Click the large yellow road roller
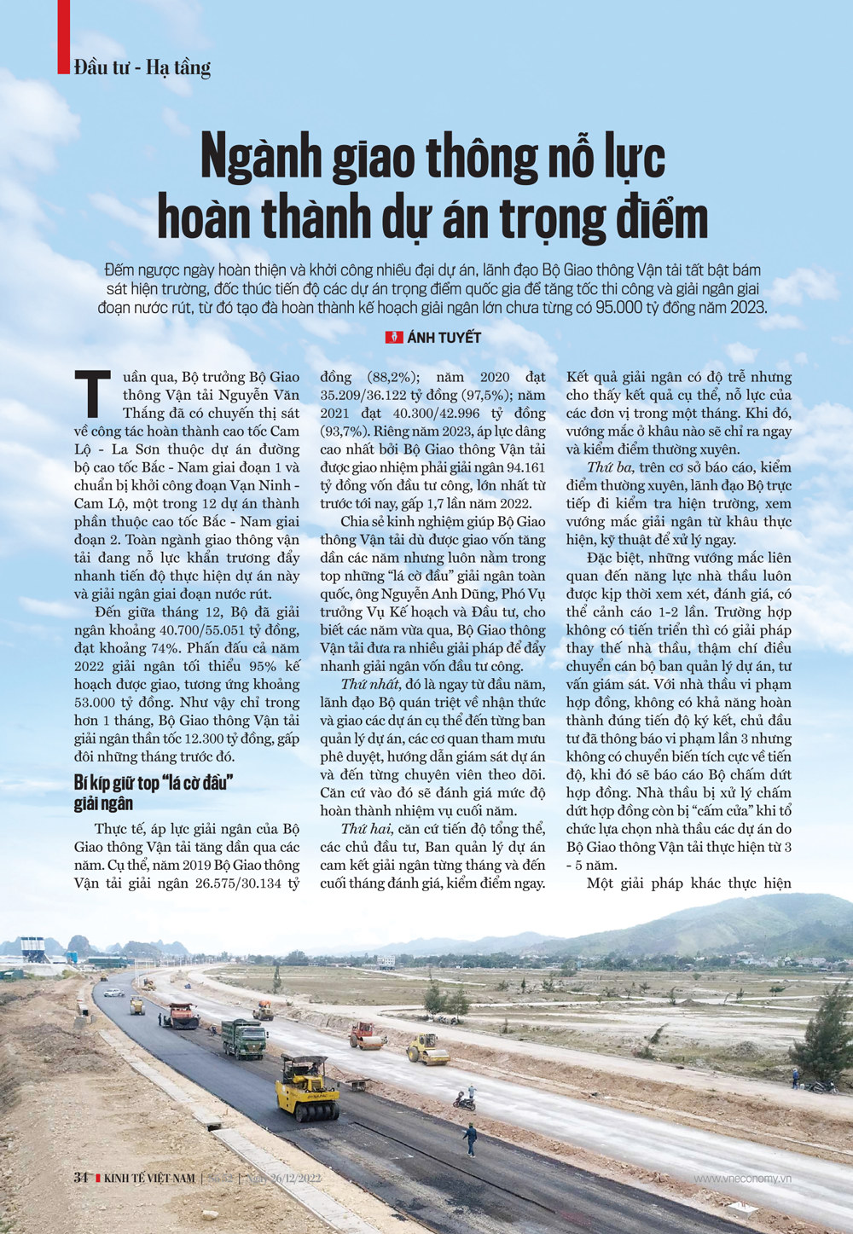pos(307,1086)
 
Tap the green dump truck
pos(245,1038)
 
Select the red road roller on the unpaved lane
pos(367,1035)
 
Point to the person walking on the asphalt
pos(470,1139)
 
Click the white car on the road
pos(112,993)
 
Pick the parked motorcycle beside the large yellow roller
pos(464,1102)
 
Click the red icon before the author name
pos(393,338)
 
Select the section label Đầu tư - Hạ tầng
pos(142,67)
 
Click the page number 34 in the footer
pos(81,1178)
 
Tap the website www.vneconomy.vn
pos(742,1179)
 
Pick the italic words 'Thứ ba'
pos(610,467)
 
